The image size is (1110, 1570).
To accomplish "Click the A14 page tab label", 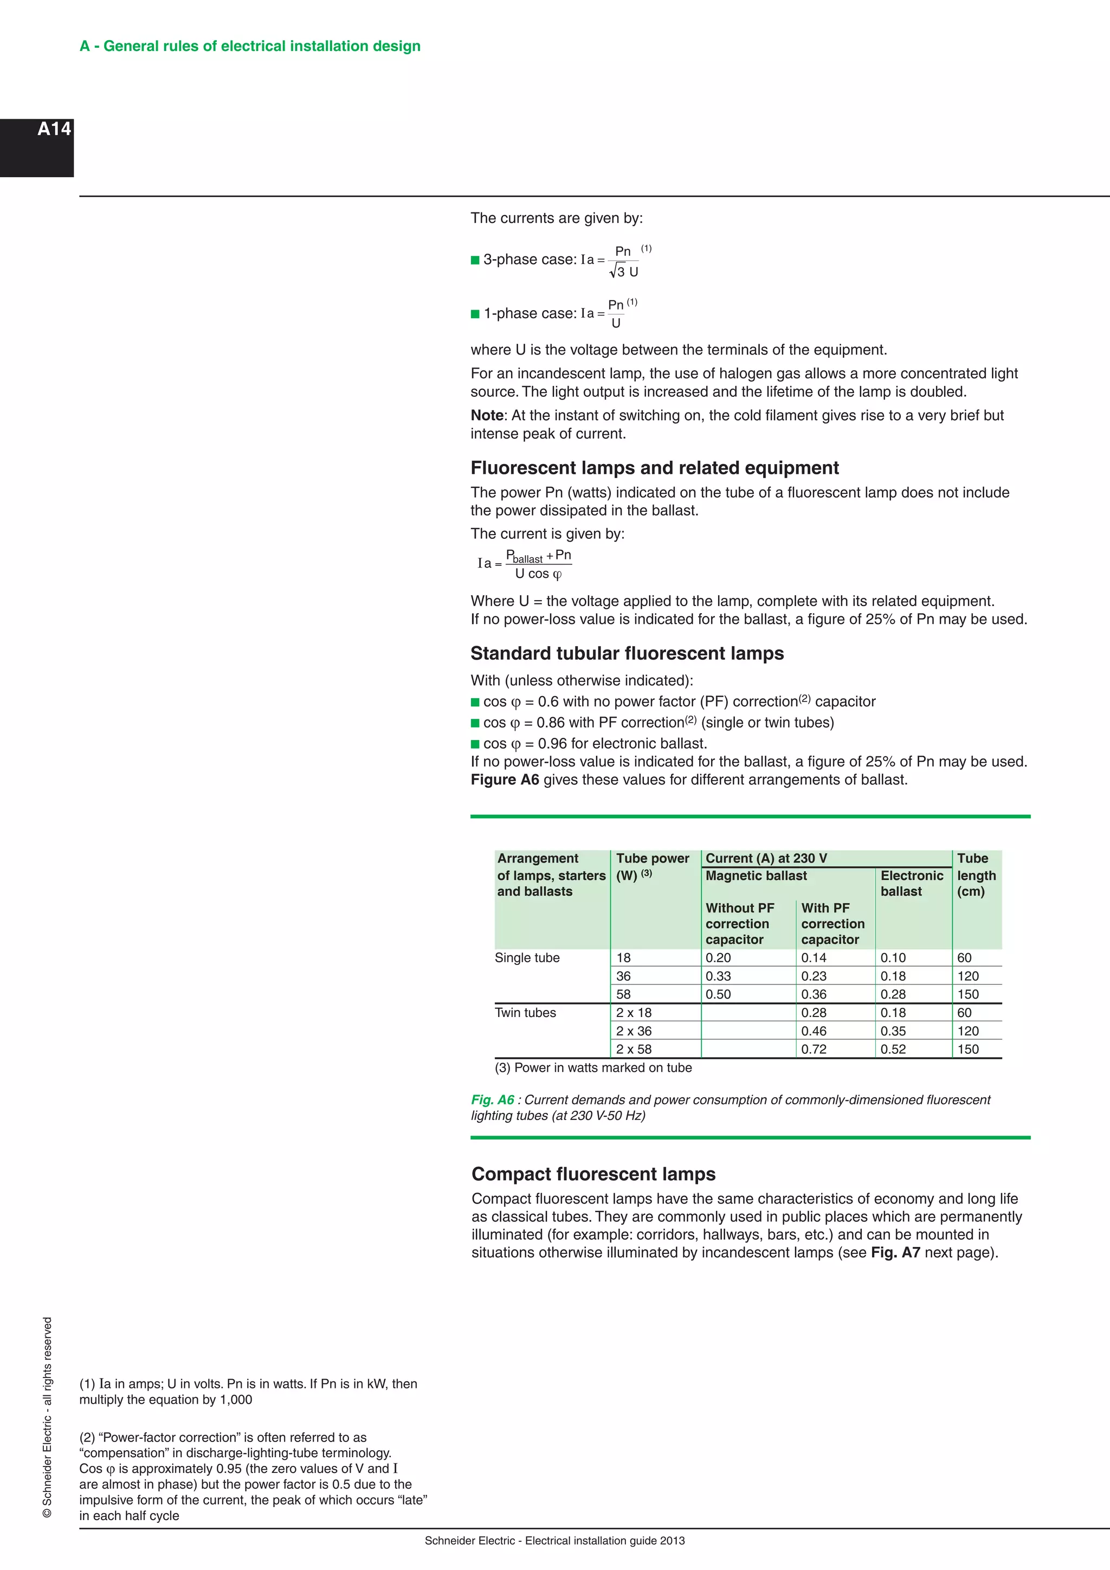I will (x=54, y=129).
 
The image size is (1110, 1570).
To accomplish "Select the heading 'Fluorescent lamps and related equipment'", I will (x=654, y=468).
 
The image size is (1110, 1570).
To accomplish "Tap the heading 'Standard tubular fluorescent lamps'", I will (x=627, y=653).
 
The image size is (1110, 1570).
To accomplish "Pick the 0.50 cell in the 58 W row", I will (x=718, y=994).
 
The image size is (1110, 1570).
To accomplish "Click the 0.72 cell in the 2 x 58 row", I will (x=814, y=1049).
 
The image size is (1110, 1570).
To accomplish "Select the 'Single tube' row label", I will (x=527, y=957).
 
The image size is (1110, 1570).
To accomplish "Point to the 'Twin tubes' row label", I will (x=525, y=1012).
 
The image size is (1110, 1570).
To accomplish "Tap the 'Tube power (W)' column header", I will (x=652, y=866).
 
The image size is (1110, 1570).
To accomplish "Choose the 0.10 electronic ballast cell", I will (x=893, y=957).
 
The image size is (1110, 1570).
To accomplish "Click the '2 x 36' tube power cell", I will (x=634, y=1031).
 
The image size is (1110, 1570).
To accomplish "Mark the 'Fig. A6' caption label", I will (x=492, y=1099).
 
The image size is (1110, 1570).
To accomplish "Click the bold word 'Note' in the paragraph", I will (x=487, y=415).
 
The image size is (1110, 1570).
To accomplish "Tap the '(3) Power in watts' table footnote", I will (x=592, y=1067).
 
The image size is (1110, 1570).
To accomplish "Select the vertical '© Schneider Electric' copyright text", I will (x=47, y=1417).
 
